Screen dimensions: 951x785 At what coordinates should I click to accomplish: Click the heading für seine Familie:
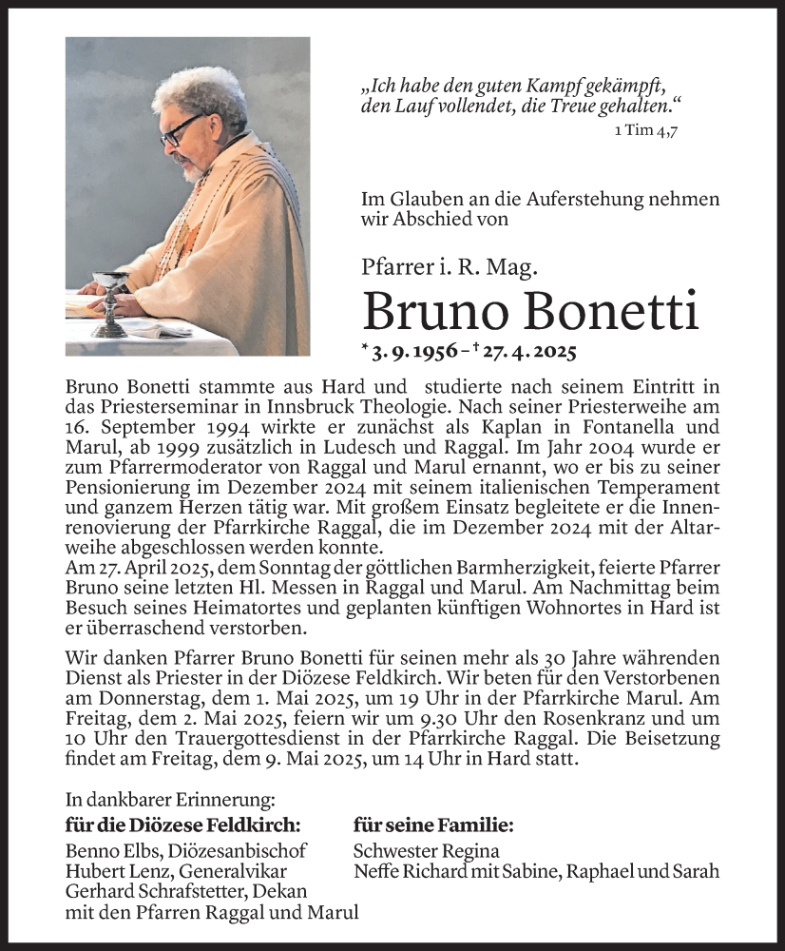432,825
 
